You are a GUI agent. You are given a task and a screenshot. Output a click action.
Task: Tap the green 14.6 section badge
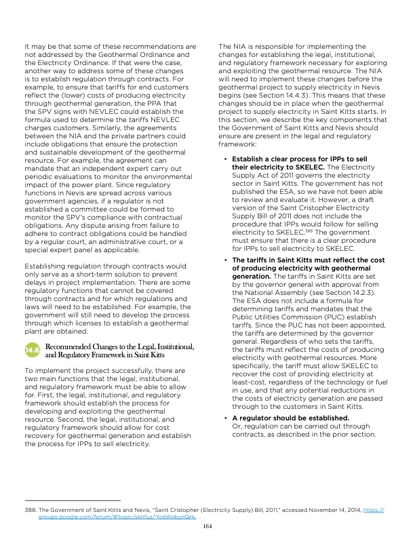click(x=33, y=351)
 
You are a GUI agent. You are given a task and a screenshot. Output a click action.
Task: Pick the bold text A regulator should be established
click(x=281, y=418)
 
